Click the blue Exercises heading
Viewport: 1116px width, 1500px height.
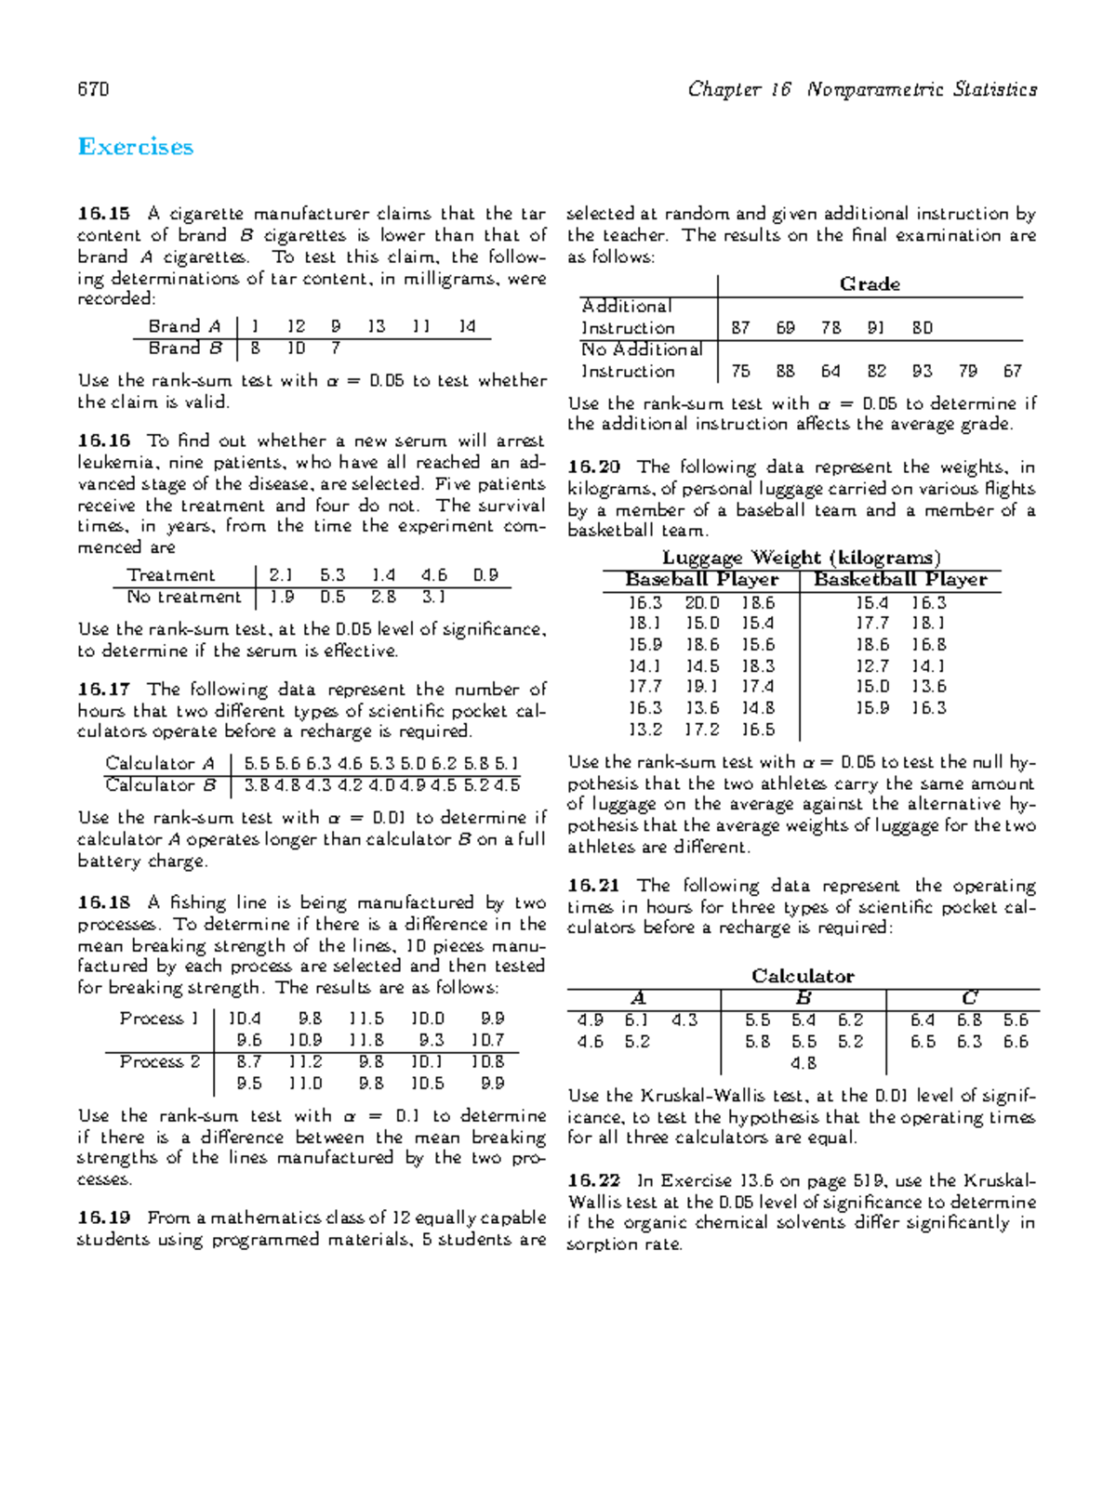(x=136, y=147)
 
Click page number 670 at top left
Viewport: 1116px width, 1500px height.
(x=93, y=89)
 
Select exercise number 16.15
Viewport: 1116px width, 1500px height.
(x=104, y=214)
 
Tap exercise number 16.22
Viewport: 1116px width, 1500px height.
(x=593, y=1180)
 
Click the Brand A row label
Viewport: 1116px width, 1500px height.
(x=184, y=326)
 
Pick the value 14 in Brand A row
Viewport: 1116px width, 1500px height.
(x=467, y=326)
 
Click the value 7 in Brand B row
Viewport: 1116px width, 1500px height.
(x=336, y=349)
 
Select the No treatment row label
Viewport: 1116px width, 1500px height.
(x=183, y=597)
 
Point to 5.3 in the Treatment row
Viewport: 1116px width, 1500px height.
(x=332, y=575)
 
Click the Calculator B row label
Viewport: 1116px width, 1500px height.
(x=161, y=785)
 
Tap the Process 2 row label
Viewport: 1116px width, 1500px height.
(x=159, y=1061)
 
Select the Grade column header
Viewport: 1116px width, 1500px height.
(x=870, y=284)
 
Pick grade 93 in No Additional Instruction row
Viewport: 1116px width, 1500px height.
(x=922, y=371)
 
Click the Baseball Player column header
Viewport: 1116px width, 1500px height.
(x=702, y=580)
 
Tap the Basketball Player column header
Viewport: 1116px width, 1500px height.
(x=900, y=580)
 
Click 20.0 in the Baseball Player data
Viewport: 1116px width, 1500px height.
(x=702, y=602)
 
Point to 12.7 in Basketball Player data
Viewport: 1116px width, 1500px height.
(x=871, y=666)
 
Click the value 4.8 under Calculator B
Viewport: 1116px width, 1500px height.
(x=804, y=1063)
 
